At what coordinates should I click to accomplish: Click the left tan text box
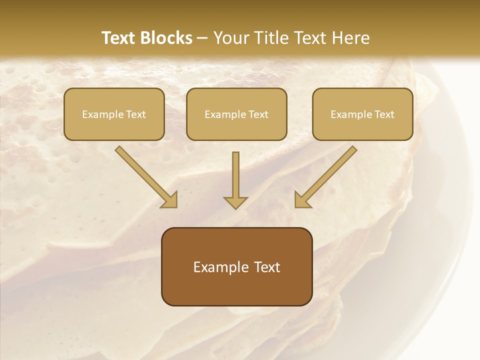[x=114, y=127]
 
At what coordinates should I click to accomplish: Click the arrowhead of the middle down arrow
[x=235, y=202]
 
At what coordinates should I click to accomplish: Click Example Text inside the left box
[x=114, y=114]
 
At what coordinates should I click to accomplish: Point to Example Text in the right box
[x=362, y=114]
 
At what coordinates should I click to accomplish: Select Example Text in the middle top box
[x=236, y=114]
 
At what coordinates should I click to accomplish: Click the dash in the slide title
[x=202, y=38]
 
